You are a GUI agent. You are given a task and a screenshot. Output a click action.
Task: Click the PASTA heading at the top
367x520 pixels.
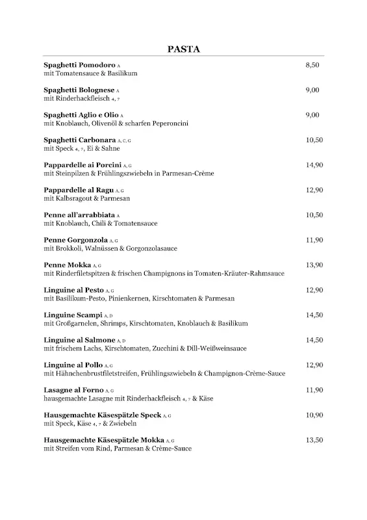point(183,49)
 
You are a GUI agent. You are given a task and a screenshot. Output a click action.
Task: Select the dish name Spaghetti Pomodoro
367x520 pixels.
point(79,66)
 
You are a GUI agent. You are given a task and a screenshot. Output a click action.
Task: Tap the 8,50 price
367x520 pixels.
point(312,66)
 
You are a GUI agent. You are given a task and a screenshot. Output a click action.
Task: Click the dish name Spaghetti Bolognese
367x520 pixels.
point(79,90)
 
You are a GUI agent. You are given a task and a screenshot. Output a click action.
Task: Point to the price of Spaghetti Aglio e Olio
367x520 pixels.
point(312,115)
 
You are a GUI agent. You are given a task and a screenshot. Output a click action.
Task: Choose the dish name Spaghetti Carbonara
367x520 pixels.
point(79,140)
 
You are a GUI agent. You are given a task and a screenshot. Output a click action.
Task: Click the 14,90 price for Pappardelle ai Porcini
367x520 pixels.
point(314,165)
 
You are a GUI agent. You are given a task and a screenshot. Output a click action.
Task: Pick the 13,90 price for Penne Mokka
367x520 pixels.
point(314,265)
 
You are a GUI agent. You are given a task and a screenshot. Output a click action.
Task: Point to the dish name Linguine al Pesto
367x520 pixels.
point(75,290)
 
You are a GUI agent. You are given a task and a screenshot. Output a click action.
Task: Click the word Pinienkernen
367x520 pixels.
point(132,298)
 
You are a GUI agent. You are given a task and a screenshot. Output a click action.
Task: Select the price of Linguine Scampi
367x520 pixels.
point(314,315)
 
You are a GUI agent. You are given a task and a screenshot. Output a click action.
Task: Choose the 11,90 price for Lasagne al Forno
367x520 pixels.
point(314,390)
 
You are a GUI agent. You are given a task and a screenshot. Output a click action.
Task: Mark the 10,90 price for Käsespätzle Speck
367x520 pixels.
point(314,415)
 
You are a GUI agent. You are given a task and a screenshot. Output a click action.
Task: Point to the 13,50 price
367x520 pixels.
point(314,440)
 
